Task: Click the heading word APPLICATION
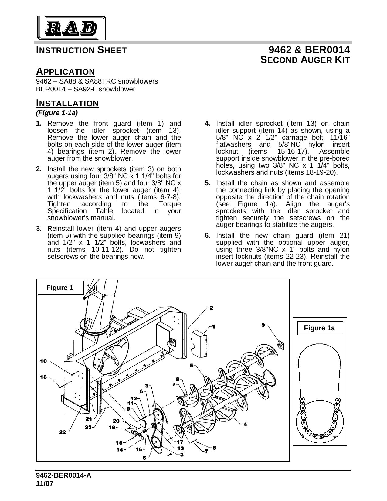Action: coord(66,72)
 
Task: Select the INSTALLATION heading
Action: coord(67,103)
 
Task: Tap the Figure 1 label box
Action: coord(60,288)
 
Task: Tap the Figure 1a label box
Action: coord(320,328)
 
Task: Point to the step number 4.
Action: coord(208,124)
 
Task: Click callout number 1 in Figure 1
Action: coord(214,327)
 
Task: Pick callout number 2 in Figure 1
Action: coord(211,308)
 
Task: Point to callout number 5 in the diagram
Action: coord(192,366)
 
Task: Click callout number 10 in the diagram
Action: coord(44,361)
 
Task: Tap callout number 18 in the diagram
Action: coord(44,377)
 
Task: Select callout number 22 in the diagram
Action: coord(63,432)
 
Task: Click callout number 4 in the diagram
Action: coord(245,424)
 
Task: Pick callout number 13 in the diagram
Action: coord(181,448)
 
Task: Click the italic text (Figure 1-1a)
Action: coord(57,113)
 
